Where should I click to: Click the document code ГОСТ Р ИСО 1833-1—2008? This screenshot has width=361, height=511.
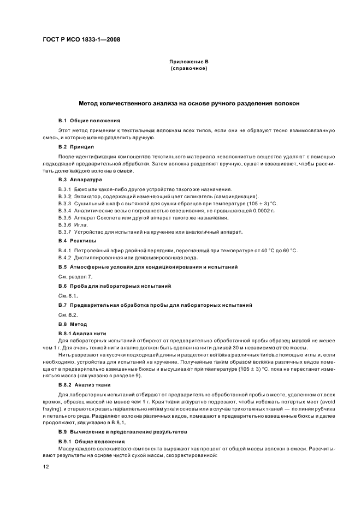pyautogui.click(x=82, y=40)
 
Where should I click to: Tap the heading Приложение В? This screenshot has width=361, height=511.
pyautogui.click(x=188, y=63)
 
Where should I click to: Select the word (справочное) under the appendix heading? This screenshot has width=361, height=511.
pyautogui.click(x=188, y=69)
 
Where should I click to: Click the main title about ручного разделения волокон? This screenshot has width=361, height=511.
pyautogui.click(x=188, y=104)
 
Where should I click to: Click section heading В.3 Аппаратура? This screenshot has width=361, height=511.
pyautogui.click(x=80, y=179)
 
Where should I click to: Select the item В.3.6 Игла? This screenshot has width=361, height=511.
pyautogui.click(x=74, y=225)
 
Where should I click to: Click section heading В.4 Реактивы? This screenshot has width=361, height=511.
pyautogui.click(x=77, y=241)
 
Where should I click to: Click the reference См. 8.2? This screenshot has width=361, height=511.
pyautogui.click(x=68, y=316)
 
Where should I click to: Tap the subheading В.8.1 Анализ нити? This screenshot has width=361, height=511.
pyautogui.click(x=82, y=333)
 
